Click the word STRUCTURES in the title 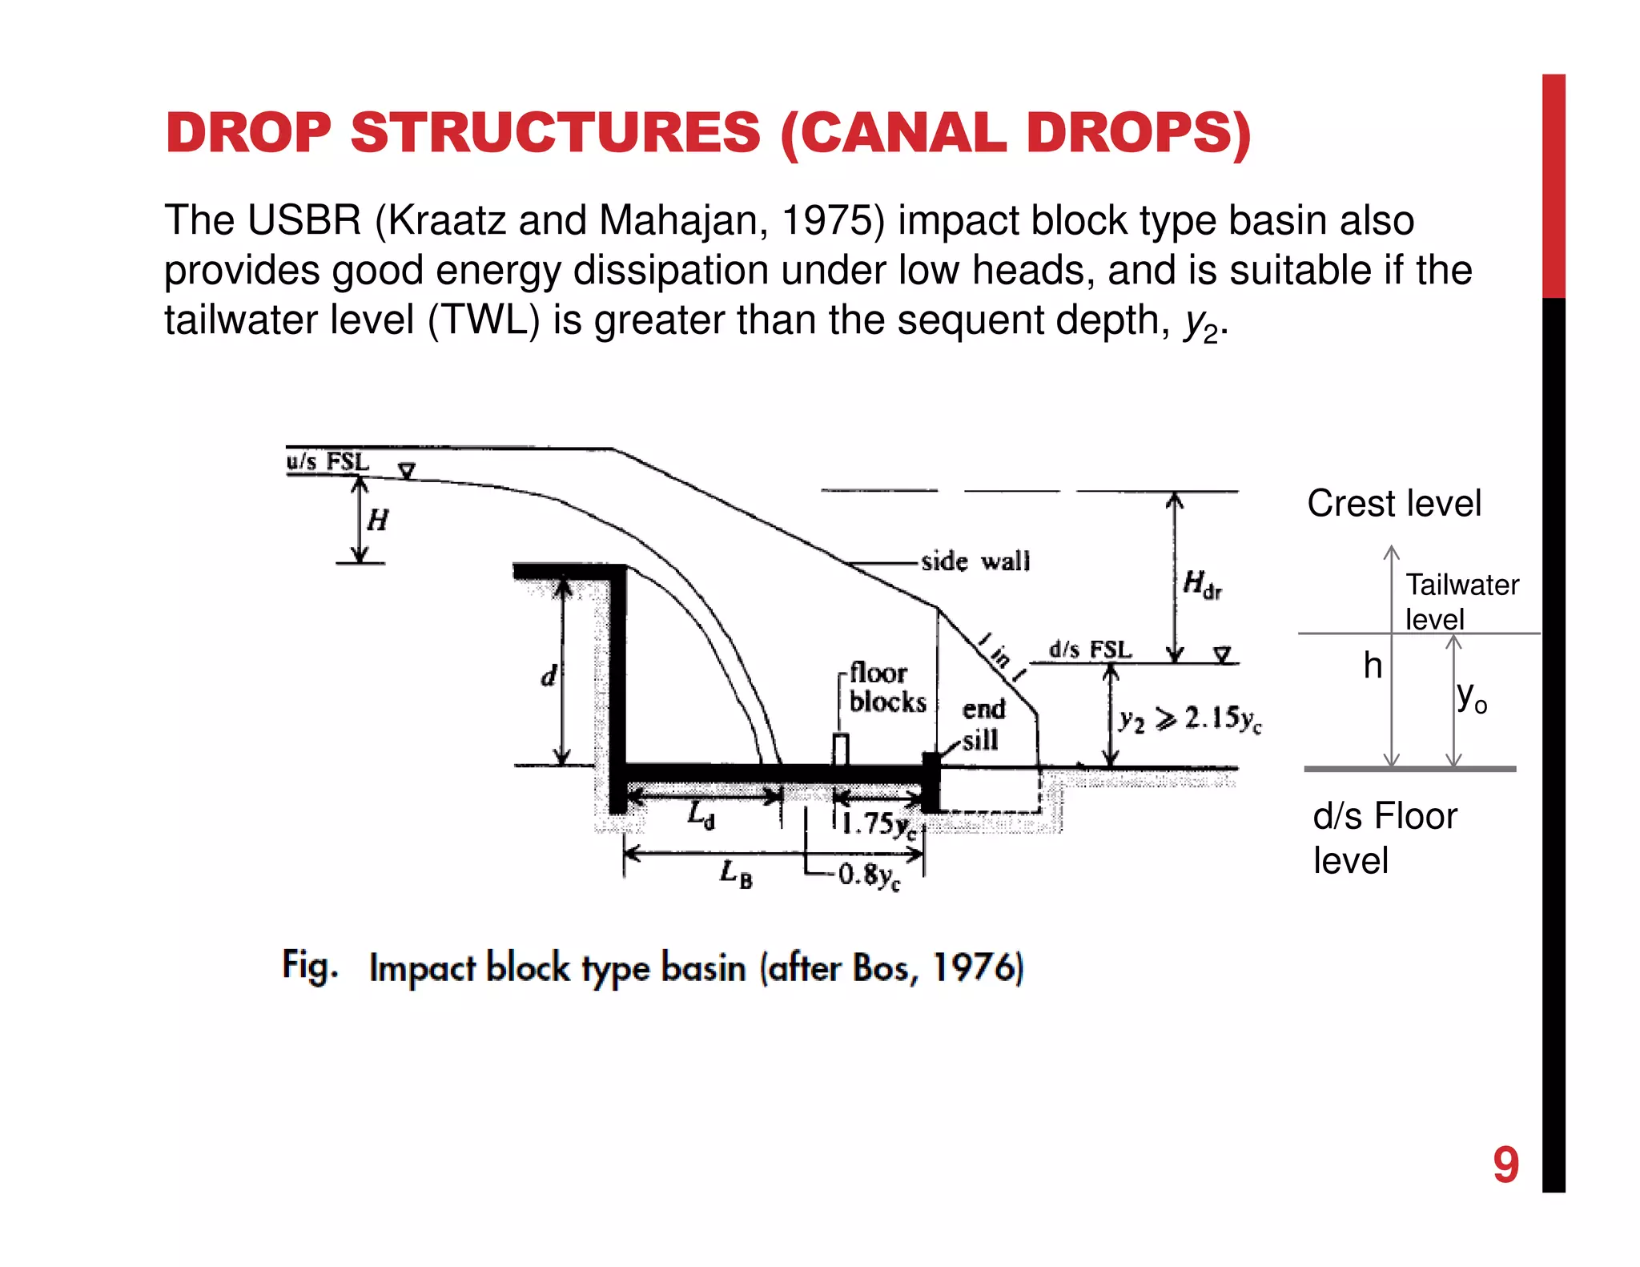click(555, 132)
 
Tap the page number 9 click(1505, 1164)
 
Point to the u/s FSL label click(328, 462)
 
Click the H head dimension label click(377, 521)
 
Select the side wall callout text click(975, 561)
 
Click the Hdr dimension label click(1202, 584)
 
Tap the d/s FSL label click(1090, 650)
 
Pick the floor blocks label click(886, 687)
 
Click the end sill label click(983, 725)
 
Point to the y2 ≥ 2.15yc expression click(1190, 719)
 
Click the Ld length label click(701, 816)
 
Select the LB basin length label click(736, 873)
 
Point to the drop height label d click(548, 676)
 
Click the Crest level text click(1394, 504)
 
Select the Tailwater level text click(1461, 601)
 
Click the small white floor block click(840, 749)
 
